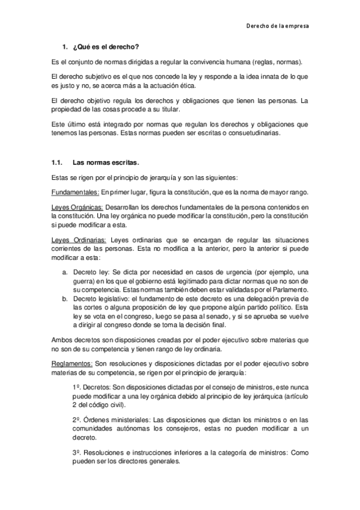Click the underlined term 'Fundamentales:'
click(75, 192)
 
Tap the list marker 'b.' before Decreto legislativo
click(65, 298)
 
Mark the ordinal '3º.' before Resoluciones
click(77, 451)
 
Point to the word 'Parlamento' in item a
click(291, 290)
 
